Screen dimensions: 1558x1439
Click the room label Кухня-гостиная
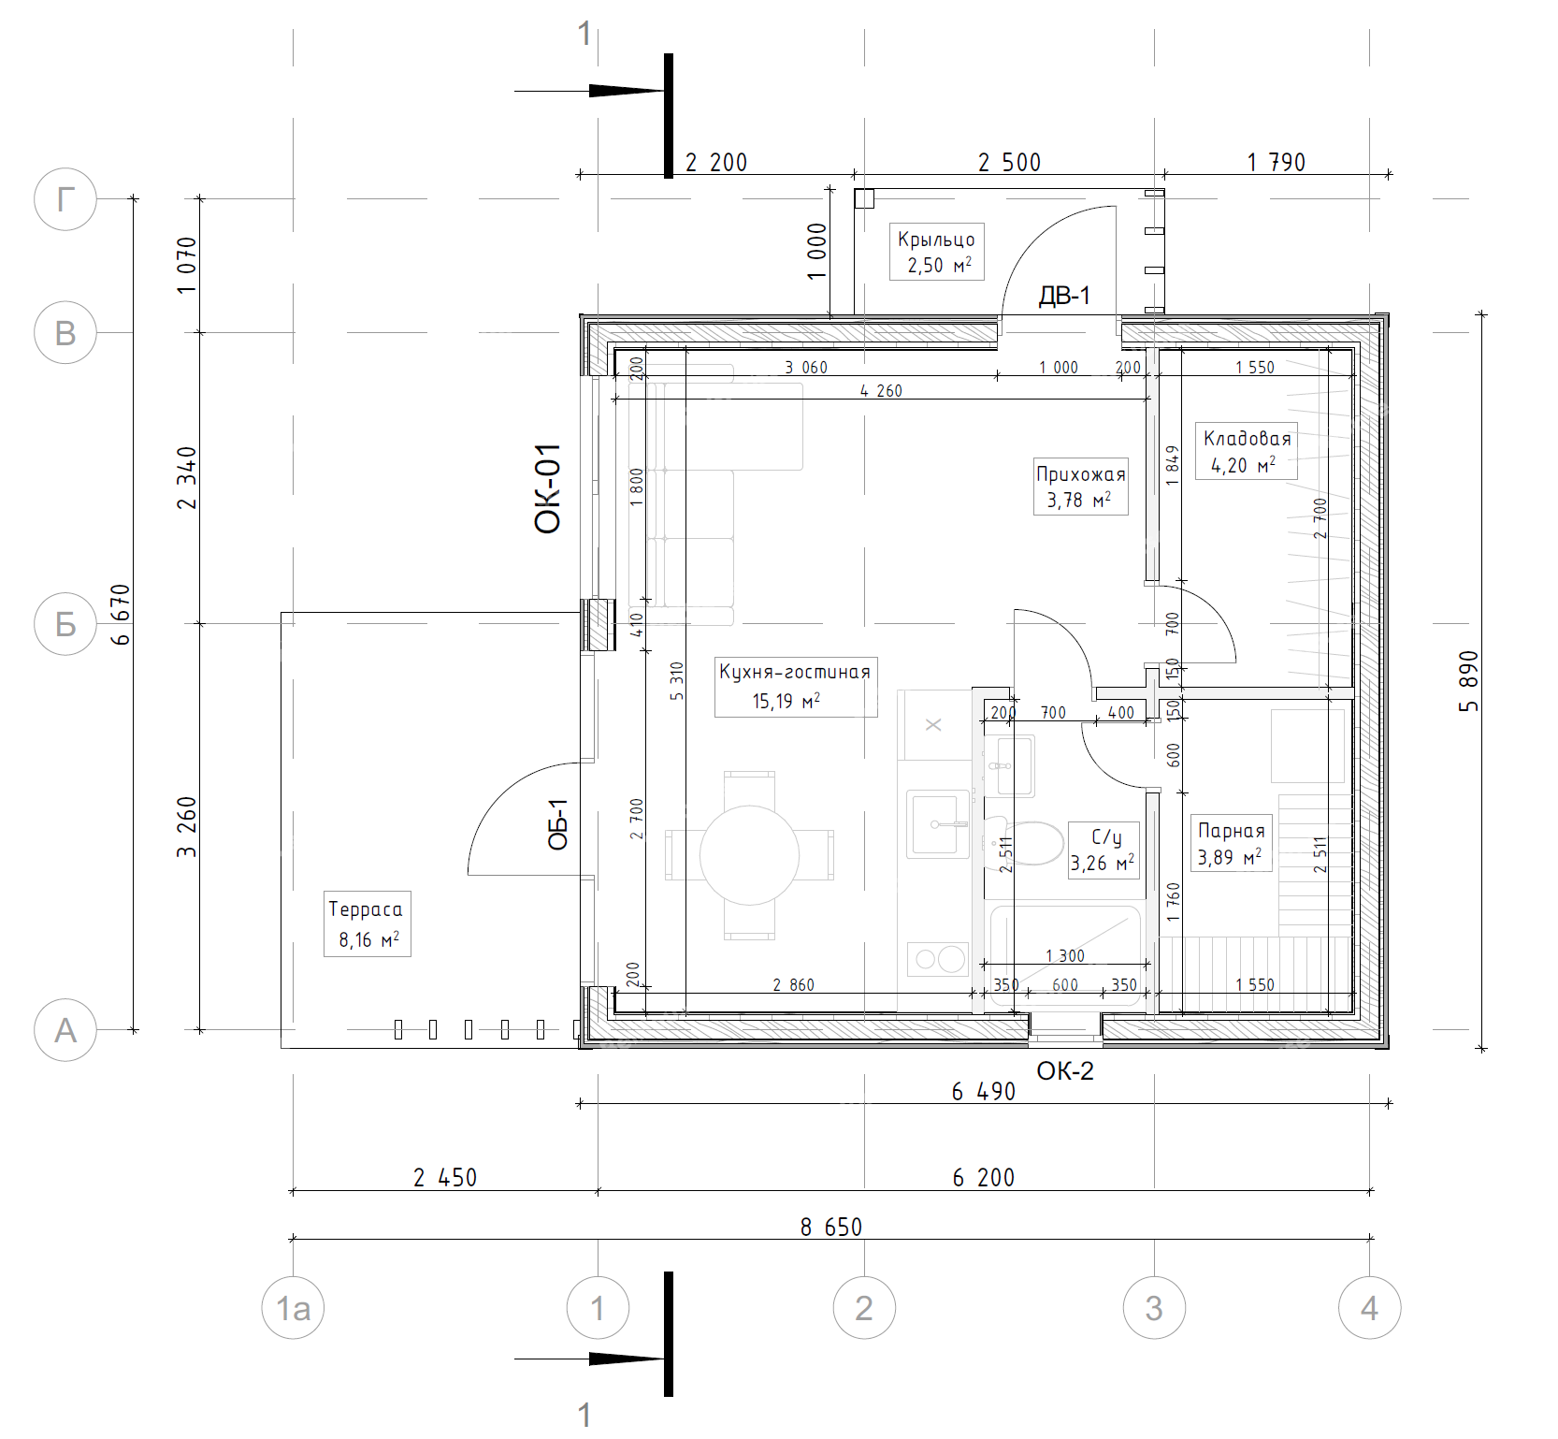(x=795, y=672)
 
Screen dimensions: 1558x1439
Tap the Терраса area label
(x=366, y=909)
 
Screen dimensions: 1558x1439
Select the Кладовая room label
(x=1247, y=439)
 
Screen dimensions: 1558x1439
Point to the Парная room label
(x=1232, y=831)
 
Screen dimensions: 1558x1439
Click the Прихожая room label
(x=1081, y=474)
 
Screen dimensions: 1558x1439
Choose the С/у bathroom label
(x=1106, y=837)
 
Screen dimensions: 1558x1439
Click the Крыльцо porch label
(x=936, y=240)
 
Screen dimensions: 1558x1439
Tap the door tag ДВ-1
(x=1064, y=297)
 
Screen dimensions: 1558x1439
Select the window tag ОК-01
(x=548, y=488)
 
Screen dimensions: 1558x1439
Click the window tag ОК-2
(x=1065, y=1071)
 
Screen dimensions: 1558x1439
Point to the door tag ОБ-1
(x=558, y=824)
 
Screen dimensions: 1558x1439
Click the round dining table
(x=749, y=855)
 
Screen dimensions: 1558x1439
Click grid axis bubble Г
(x=65, y=199)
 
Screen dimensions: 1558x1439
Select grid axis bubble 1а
(x=293, y=1308)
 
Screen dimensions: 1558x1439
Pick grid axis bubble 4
(x=1369, y=1308)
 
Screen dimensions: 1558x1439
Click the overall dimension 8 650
(x=831, y=1227)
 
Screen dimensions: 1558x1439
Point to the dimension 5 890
(x=1469, y=681)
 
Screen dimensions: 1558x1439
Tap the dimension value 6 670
(x=121, y=615)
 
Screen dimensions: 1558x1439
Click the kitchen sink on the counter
(x=938, y=823)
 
